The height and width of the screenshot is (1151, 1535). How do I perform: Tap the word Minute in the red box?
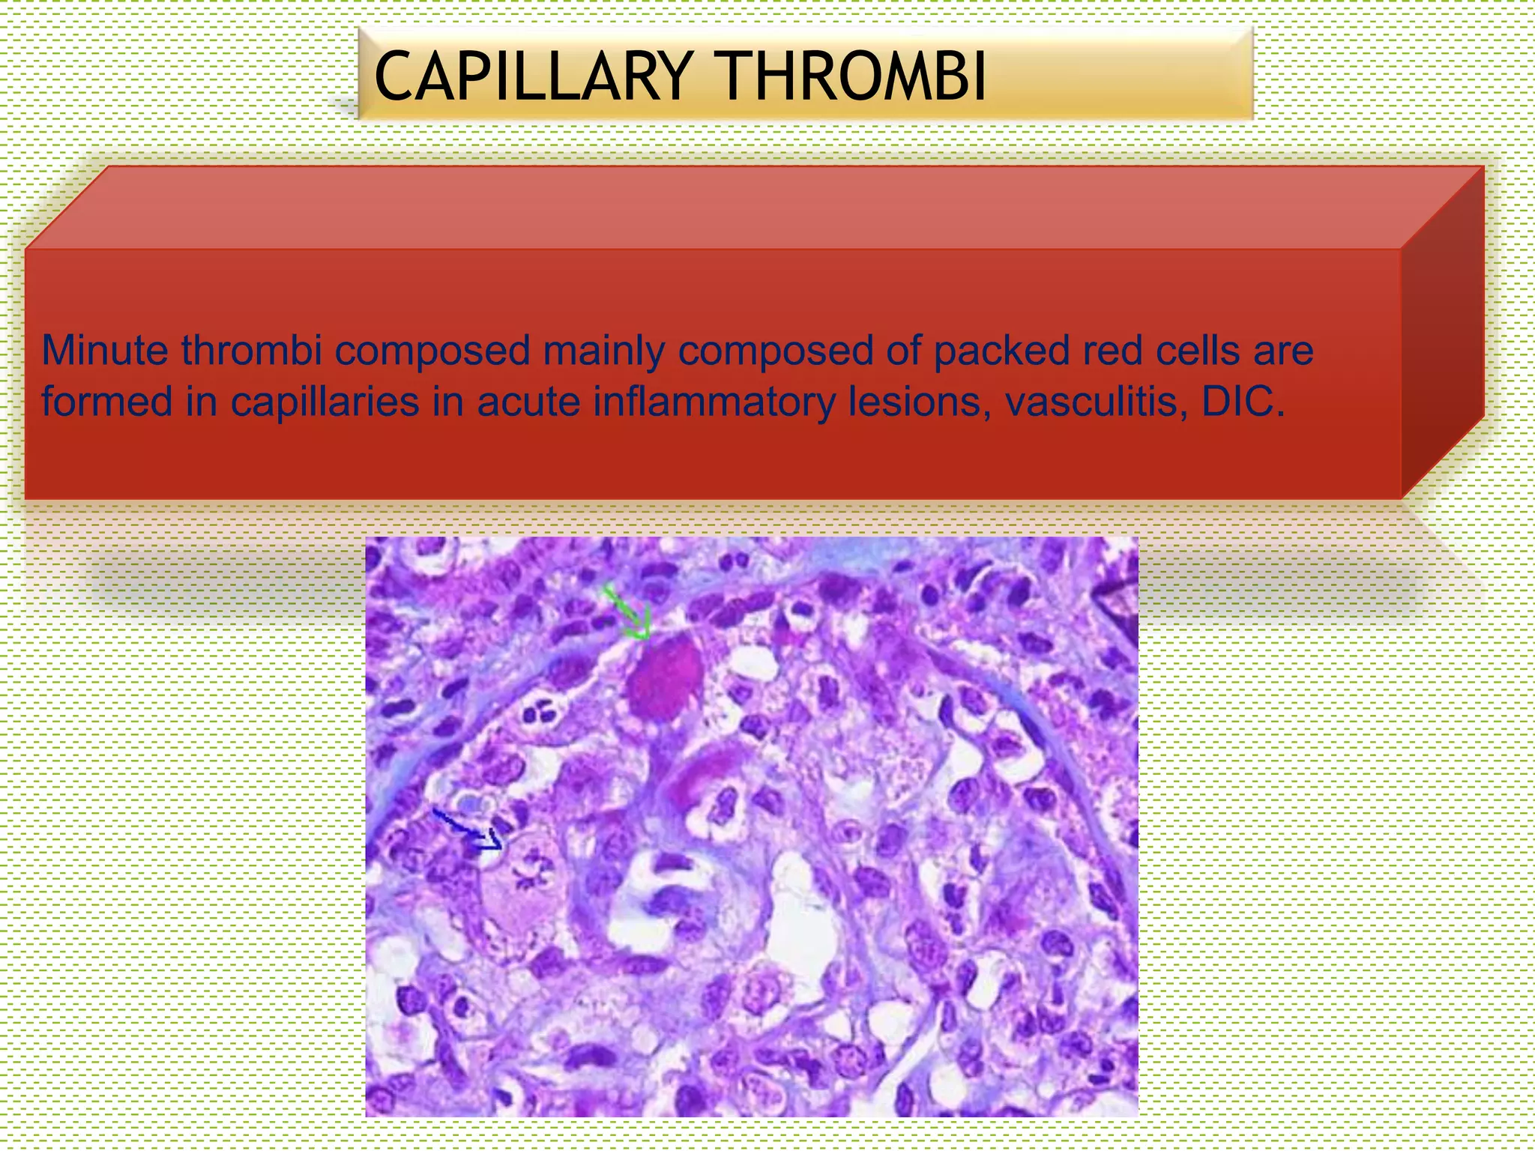pyautogui.click(x=104, y=350)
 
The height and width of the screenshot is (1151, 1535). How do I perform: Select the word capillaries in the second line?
pyautogui.click(x=323, y=402)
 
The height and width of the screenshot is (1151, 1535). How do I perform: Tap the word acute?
pyautogui.click(x=528, y=402)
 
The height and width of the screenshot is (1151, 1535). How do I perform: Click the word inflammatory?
pyautogui.click(x=714, y=402)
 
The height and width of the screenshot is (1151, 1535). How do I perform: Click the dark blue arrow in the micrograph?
pyautogui.click(x=468, y=831)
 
